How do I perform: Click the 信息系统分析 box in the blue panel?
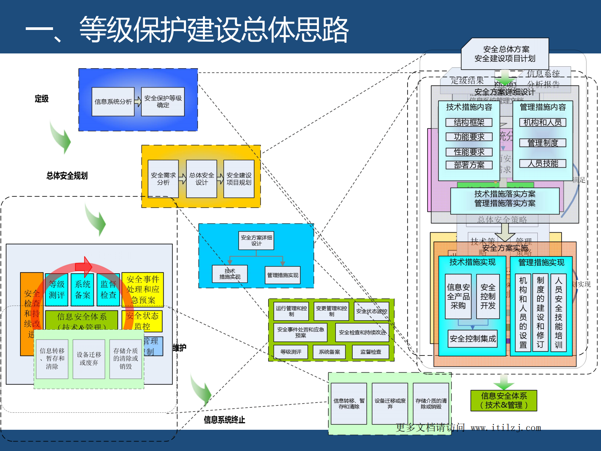[113, 102]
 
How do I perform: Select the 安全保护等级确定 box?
[163, 102]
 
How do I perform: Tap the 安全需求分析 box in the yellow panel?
[163, 179]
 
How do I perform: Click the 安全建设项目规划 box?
[239, 179]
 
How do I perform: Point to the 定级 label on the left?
[42, 99]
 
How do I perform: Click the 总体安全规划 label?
[67, 175]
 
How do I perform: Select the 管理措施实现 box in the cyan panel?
[283, 275]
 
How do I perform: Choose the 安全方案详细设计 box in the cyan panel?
[256, 240]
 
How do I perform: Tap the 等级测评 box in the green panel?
[291, 352]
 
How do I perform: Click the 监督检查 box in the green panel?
[371, 352]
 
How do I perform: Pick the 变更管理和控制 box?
[331, 311]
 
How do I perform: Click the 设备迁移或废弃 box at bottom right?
[390, 404]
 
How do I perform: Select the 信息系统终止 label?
[224, 420]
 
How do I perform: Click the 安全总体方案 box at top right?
[505, 54]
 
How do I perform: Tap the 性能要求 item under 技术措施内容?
[469, 152]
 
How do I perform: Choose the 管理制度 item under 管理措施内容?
[543, 143]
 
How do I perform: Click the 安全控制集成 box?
[473, 338]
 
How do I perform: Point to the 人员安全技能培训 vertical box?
[558, 313]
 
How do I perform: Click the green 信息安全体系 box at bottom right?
[504, 401]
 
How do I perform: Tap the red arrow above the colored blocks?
[84, 266]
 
